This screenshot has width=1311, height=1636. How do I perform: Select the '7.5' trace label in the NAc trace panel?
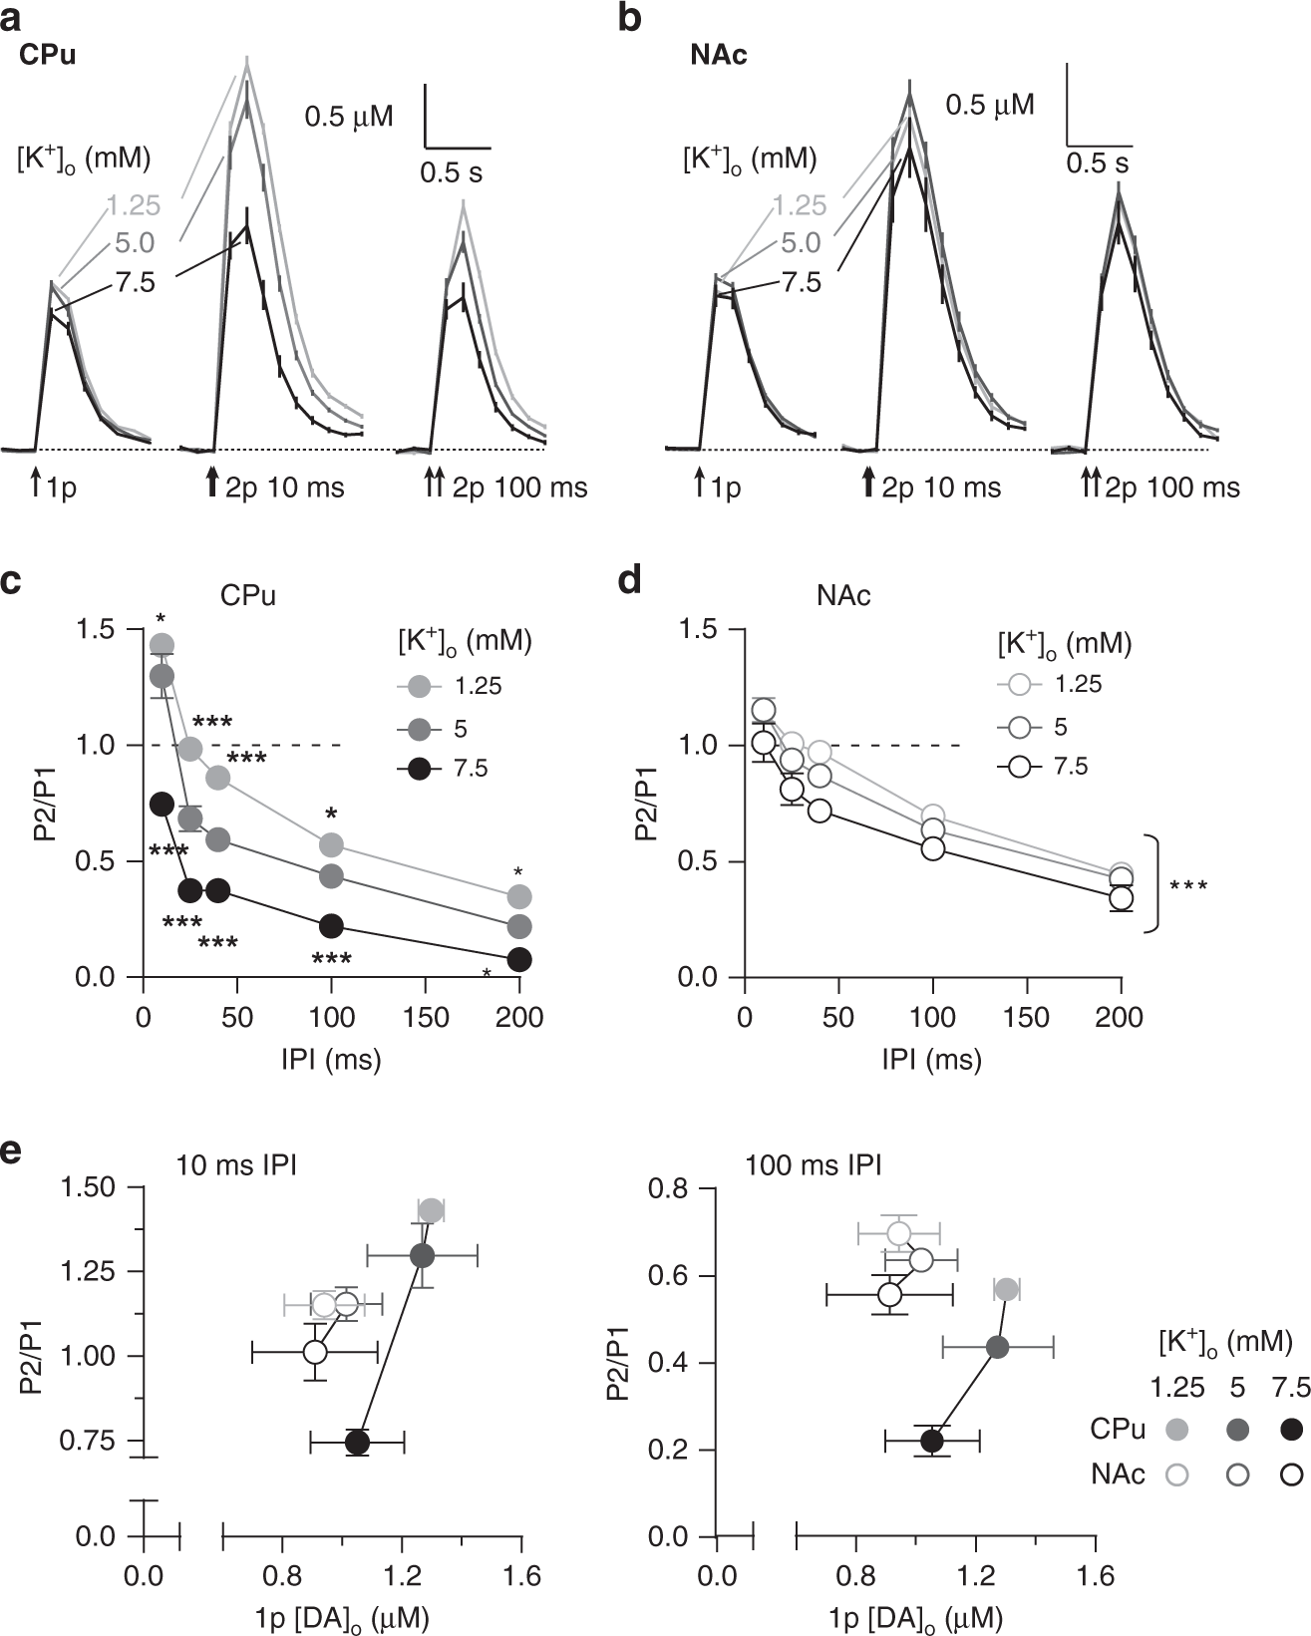pos(801,282)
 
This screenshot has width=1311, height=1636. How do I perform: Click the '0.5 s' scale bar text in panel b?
pos(1098,164)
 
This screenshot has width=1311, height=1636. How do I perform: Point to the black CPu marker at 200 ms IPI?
pos(519,959)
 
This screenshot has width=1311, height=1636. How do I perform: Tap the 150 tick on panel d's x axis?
pos(1026,1017)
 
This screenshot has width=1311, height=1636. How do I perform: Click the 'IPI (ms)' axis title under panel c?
pos(331,1059)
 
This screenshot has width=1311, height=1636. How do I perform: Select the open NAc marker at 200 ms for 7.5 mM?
pos(1121,898)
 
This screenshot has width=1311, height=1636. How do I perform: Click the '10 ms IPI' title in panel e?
pos(236,1164)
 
